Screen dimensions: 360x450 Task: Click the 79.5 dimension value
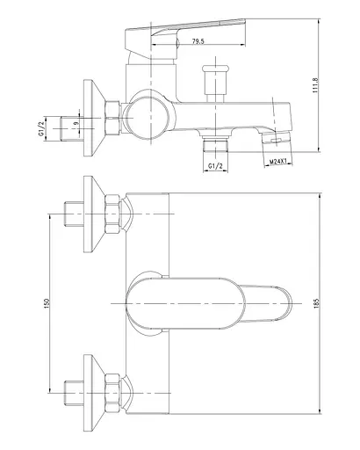198,41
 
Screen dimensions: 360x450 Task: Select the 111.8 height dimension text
315,85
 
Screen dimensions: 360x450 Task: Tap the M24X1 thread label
278,162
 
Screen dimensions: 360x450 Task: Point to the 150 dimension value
47,303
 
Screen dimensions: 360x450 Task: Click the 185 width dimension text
315,303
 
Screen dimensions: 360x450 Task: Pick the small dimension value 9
76,123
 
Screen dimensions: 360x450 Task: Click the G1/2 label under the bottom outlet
215,166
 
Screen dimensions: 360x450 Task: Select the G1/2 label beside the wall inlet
41,129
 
